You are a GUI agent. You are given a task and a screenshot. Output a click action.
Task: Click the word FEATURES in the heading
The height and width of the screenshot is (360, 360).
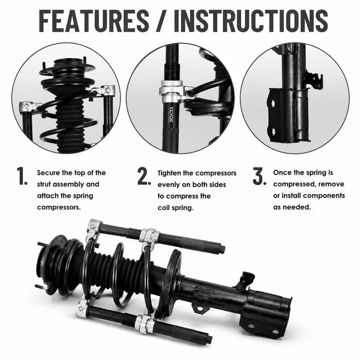(94, 21)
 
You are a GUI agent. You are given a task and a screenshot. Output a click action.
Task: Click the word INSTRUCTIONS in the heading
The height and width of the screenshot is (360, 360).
(251, 21)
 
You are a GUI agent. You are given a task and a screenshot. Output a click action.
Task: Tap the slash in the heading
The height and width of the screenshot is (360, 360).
(162, 21)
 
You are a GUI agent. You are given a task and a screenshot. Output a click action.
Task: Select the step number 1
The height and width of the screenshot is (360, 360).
(22, 176)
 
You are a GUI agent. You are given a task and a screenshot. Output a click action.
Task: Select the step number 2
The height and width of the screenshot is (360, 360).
(144, 176)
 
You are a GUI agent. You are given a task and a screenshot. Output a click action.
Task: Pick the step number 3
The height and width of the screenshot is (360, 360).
(260, 176)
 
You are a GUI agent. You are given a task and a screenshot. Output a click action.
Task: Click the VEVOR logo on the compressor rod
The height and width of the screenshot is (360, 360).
(171, 114)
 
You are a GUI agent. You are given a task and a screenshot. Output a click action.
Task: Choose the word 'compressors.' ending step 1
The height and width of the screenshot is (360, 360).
(59, 207)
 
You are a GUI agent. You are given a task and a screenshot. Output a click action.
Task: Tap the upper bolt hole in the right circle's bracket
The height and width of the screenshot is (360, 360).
(273, 103)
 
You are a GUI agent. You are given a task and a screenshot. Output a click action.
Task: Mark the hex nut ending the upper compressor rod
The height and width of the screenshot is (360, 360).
(222, 249)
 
